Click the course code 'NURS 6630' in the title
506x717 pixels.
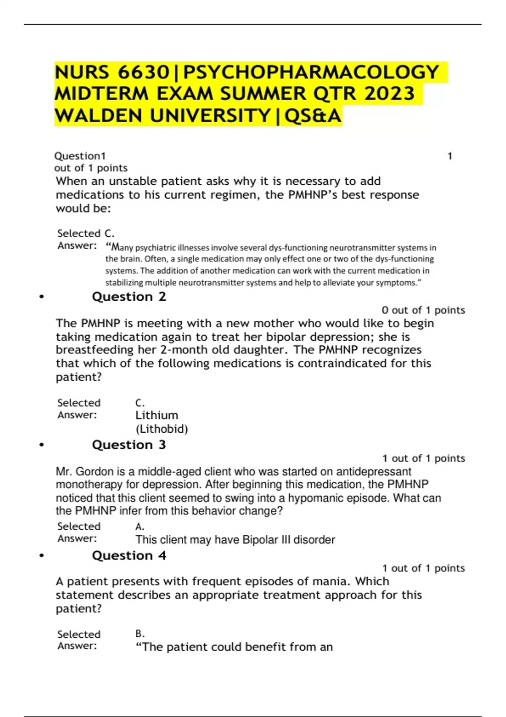point(112,72)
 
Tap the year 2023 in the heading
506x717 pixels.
point(390,94)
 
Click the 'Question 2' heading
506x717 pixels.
point(129,297)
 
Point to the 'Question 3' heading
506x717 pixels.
point(129,445)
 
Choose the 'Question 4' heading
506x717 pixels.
point(129,555)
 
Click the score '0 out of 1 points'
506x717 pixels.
point(423,310)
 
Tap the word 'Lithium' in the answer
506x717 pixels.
point(156,415)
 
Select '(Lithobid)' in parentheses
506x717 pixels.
point(161,429)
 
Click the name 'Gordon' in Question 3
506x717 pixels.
point(95,472)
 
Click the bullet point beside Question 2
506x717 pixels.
point(41,297)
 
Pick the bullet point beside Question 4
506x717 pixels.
point(41,556)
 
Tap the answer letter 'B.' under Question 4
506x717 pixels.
point(140,634)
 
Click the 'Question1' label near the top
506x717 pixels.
point(80,156)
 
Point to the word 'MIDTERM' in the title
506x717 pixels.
point(101,94)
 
